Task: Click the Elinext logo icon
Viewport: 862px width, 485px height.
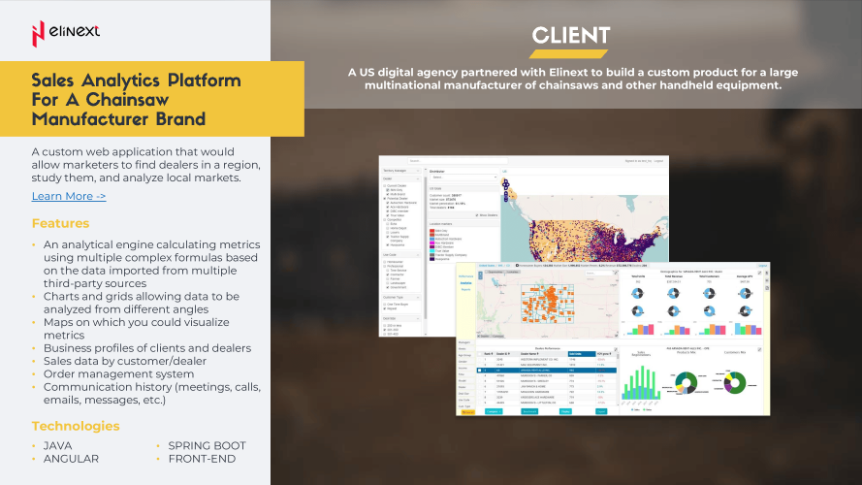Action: click(x=39, y=33)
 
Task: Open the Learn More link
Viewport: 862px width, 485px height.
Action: click(x=68, y=196)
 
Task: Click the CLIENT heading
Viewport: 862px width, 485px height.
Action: click(x=570, y=37)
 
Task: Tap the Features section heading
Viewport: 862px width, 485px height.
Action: click(x=60, y=224)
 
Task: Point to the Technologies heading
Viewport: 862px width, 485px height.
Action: click(x=76, y=426)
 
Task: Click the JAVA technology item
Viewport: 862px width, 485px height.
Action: click(x=57, y=446)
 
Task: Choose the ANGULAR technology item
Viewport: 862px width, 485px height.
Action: click(x=71, y=459)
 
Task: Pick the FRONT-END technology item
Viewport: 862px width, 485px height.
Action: click(x=202, y=459)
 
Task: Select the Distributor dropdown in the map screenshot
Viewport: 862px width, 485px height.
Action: click(x=462, y=178)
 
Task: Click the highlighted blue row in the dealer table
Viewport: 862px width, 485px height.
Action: click(x=544, y=370)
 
